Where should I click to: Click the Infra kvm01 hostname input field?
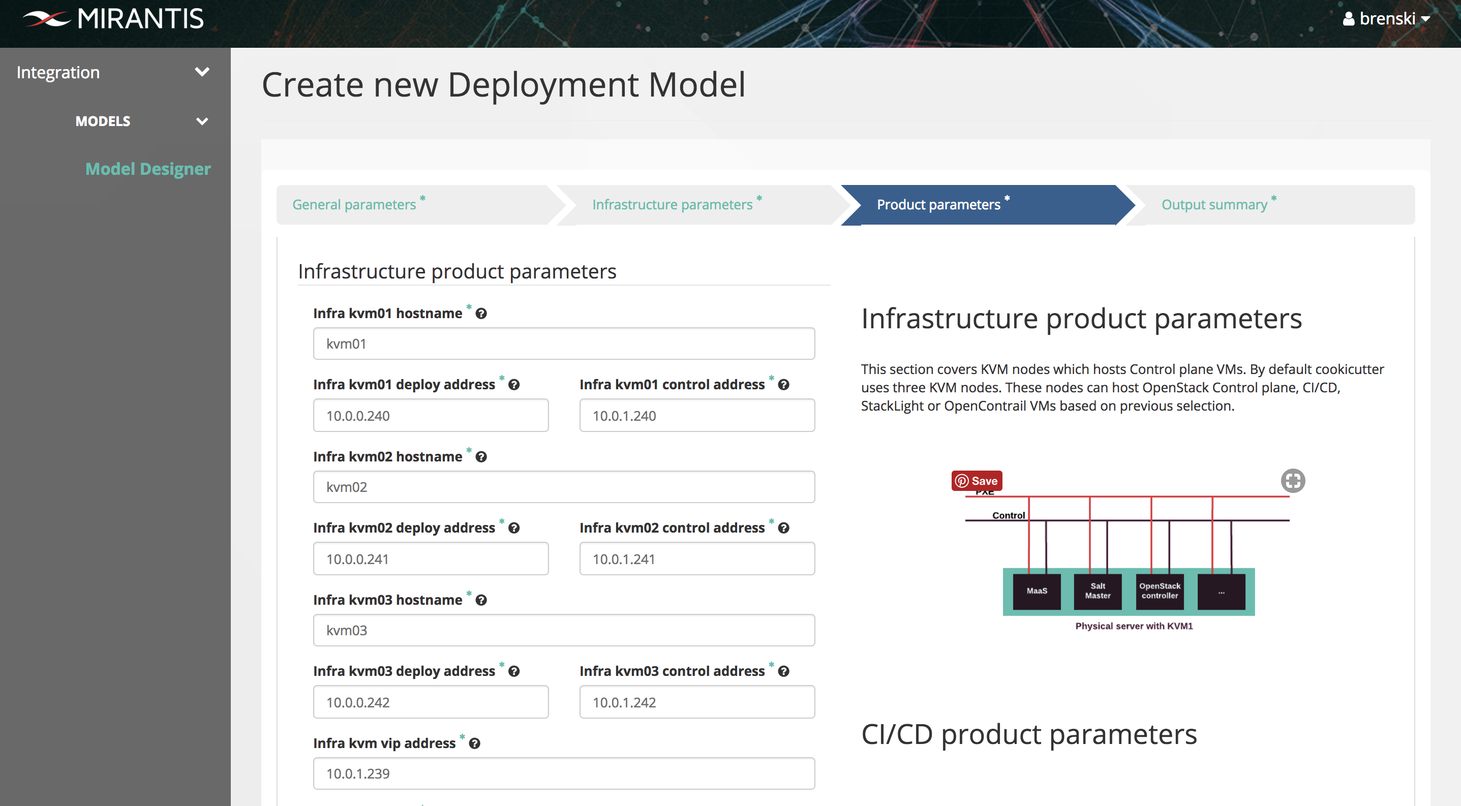(564, 344)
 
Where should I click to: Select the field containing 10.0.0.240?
(431, 416)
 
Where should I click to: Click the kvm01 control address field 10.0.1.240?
(697, 416)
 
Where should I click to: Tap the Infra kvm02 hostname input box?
(564, 487)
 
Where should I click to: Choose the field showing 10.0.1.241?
(697, 559)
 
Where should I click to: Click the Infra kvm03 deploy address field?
(431, 702)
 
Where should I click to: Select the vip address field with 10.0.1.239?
(564, 773)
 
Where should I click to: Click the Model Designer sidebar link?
(148, 169)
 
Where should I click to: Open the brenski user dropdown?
(1386, 19)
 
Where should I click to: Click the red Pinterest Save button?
(977, 481)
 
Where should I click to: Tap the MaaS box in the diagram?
(1037, 591)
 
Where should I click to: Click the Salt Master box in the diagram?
(1098, 591)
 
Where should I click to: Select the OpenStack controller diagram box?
(1160, 591)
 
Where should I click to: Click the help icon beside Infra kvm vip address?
(475, 743)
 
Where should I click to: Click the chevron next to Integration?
(202, 72)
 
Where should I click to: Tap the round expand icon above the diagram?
(1293, 481)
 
